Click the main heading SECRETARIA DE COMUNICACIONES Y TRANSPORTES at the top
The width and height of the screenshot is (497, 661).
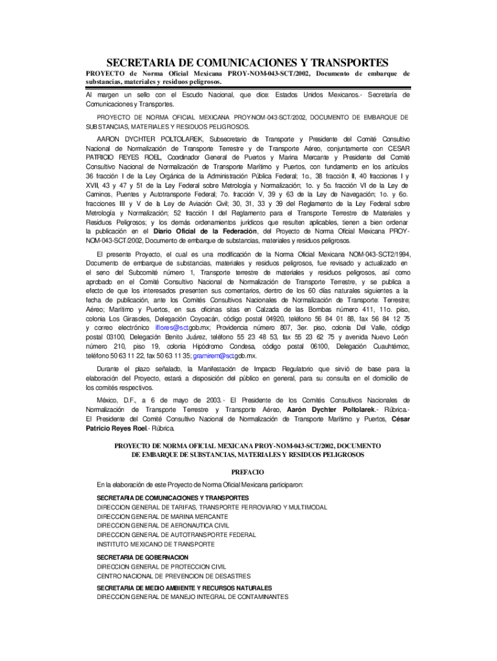pos(247,63)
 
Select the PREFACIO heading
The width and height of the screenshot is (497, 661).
pos(248,472)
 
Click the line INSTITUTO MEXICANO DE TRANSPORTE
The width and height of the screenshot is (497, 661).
pos(156,544)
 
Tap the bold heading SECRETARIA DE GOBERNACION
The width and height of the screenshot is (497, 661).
pos(143,556)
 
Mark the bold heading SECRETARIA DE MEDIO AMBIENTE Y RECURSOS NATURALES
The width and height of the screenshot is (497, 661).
pos(184,587)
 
